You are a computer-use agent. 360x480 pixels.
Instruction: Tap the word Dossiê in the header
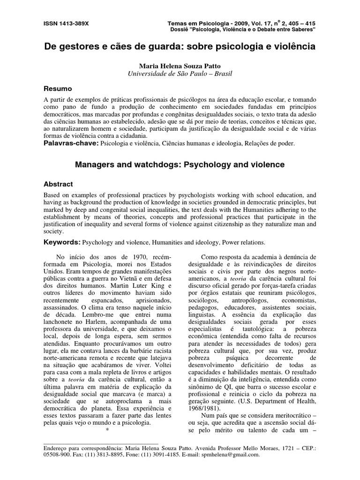[182, 29]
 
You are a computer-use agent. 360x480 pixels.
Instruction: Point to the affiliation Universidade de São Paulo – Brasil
[180, 74]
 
